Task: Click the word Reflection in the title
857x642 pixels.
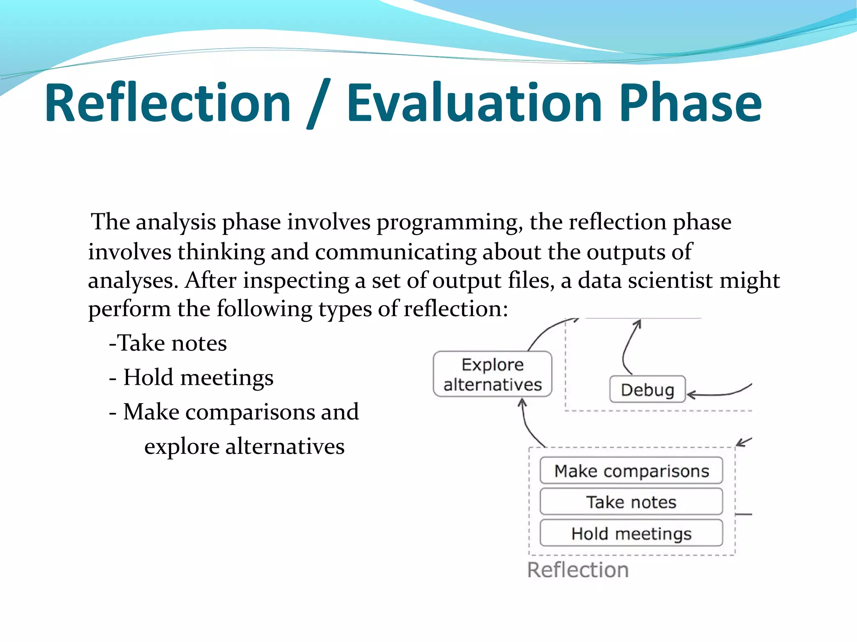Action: (x=167, y=103)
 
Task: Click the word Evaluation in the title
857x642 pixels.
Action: (x=474, y=103)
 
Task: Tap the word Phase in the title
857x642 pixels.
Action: (x=690, y=103)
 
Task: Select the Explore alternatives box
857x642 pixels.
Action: (x=493, y=374)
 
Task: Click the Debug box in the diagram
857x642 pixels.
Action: (x=647, y=389)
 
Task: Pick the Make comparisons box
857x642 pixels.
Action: (x=631, y=471)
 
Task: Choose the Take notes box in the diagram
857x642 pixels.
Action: (x=631, y=502)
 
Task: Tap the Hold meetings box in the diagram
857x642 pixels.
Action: (x=631, y=533)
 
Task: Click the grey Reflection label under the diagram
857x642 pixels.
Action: (x=578, y=570)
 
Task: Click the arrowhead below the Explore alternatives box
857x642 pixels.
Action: (x=522, y=403)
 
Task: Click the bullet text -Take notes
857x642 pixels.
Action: (x=168, y=343)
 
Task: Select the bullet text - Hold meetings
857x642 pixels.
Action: (x=191, y=377)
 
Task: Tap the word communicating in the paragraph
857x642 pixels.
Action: (x=395, y=252)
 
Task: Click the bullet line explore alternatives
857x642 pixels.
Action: (x=244, y=446)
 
